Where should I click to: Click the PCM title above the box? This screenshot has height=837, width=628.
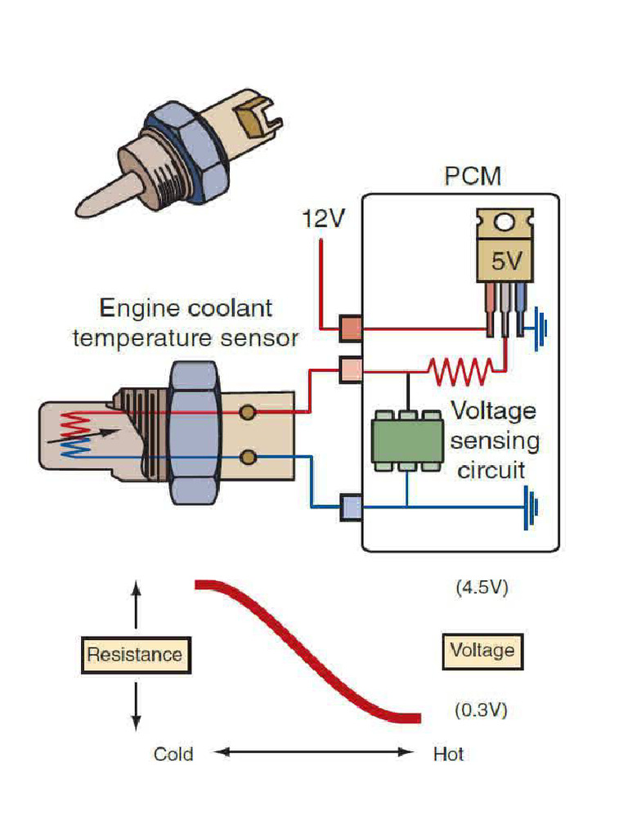473,176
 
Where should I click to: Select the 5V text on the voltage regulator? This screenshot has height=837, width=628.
505,262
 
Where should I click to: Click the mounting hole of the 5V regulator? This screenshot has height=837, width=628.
505,222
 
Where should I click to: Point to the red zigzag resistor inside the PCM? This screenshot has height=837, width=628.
462,372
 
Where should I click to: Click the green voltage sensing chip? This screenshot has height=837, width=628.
406,440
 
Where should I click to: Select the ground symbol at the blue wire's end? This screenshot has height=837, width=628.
532,508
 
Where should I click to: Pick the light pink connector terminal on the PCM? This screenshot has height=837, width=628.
350,370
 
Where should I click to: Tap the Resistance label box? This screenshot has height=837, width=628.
135,655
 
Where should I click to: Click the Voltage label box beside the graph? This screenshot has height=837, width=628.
482,651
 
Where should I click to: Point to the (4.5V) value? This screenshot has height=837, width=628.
481,589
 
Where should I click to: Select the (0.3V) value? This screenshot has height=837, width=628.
481,710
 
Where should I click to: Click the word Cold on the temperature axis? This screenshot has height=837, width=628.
173,754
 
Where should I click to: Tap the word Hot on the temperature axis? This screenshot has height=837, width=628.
448,754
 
